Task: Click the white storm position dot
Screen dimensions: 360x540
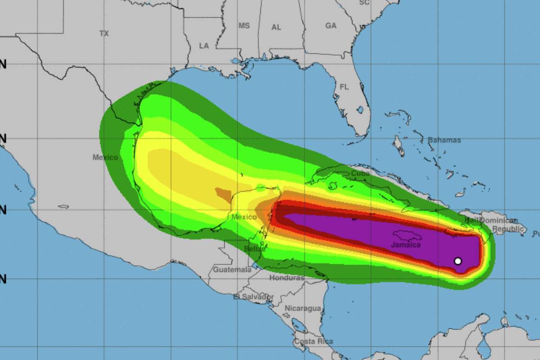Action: coord(458,261)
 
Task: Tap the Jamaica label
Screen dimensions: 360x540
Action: coord(406,245)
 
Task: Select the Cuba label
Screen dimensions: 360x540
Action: coord(360,173)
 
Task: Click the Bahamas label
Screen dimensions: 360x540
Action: coord(444,140)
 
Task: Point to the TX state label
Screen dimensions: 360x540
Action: coord(104,33)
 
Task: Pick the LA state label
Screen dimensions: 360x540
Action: coord(204,45)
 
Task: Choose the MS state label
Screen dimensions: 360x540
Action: coord(244,26)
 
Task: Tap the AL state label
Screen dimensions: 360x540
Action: coord(276,27)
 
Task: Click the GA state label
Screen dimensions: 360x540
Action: coord(331,26)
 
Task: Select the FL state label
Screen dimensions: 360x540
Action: coord(344,87)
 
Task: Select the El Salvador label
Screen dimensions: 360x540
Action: coord(253,297)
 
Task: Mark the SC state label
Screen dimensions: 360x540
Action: coord(364,3)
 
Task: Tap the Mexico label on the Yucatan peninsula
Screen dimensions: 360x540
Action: coord(244,217)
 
